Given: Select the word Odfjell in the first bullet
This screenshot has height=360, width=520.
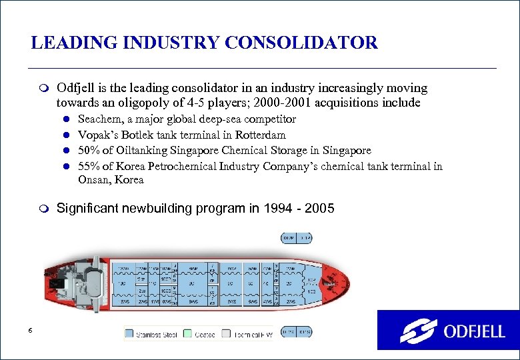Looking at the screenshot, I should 75,88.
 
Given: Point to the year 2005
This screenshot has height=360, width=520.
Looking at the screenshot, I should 320,209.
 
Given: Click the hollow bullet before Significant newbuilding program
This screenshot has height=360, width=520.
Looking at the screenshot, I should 44,209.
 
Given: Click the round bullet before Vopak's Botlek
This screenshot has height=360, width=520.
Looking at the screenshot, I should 67,135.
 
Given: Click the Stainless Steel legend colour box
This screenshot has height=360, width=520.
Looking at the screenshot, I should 129,333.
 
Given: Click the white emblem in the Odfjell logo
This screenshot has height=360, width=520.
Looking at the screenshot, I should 418,331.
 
